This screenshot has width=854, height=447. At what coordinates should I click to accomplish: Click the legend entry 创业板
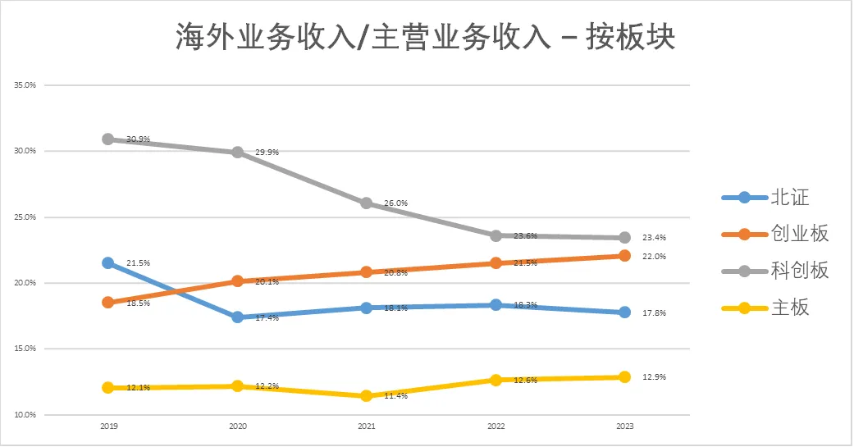click(x=800, y=234)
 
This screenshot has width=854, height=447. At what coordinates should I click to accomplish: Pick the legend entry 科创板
click(x=800, y=271)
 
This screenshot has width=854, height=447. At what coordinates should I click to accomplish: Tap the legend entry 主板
click(x=790, y=308)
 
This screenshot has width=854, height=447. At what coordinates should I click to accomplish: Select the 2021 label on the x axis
click(x=366, y=427)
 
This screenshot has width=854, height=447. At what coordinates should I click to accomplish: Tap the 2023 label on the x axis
click(x=624, y=427)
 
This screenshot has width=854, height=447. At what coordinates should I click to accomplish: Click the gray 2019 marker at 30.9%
click(x=107, y=139)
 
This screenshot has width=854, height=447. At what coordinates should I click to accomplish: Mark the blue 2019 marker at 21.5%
click(x=107, y=263)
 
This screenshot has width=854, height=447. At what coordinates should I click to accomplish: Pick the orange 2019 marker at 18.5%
click(x=107, y=303)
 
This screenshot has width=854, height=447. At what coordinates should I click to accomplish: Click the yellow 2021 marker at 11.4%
click(x=366, y=396)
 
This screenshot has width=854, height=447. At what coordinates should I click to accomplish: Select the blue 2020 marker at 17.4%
click(x=237, y=317)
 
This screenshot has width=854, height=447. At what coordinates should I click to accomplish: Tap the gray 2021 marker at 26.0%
click(x=366, y=203)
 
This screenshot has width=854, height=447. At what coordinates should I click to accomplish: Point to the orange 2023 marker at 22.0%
click(x=624, y=256)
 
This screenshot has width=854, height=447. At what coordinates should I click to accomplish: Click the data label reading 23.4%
click(x=654, y=238)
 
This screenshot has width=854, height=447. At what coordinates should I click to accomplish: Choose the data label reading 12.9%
click(x=654, y=377)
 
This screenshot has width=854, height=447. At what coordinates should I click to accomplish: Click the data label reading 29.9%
click(x=267, y=153)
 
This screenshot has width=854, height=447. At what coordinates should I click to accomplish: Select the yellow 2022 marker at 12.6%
click(x=496, y=381)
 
